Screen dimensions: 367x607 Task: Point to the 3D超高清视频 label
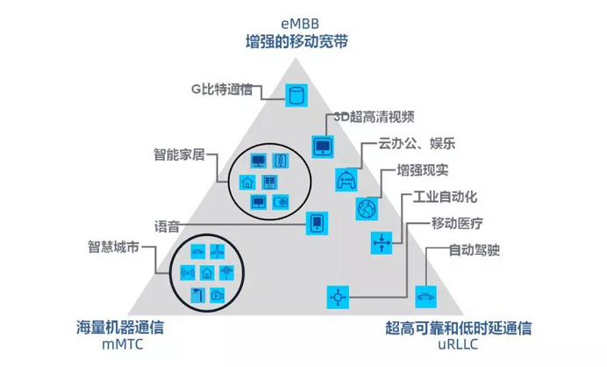click(373, 118)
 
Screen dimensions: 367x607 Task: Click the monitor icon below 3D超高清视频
click(323, 145)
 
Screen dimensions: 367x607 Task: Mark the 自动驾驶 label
click(474, 250)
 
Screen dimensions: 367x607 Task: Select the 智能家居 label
click(178, 155)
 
